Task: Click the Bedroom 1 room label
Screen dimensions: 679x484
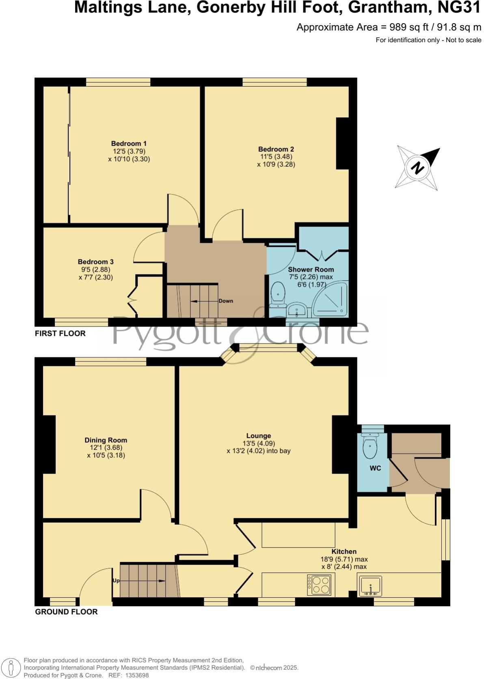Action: (129, 143)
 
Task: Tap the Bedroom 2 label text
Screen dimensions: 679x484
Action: (276, 149)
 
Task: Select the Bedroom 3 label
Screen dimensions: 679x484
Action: (95, 262)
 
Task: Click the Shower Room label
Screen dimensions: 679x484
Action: (311, 269)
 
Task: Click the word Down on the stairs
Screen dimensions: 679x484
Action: (226, 301)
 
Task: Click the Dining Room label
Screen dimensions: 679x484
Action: (106, 440)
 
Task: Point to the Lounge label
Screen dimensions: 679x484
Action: (258, 436)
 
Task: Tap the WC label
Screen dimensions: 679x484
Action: (375, 468)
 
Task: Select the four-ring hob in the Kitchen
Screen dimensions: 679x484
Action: (320, 585)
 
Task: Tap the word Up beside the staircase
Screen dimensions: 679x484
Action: (116, 581)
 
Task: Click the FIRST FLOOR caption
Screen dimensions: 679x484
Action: (60, 333)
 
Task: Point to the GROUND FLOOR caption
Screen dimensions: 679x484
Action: (66, 612)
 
